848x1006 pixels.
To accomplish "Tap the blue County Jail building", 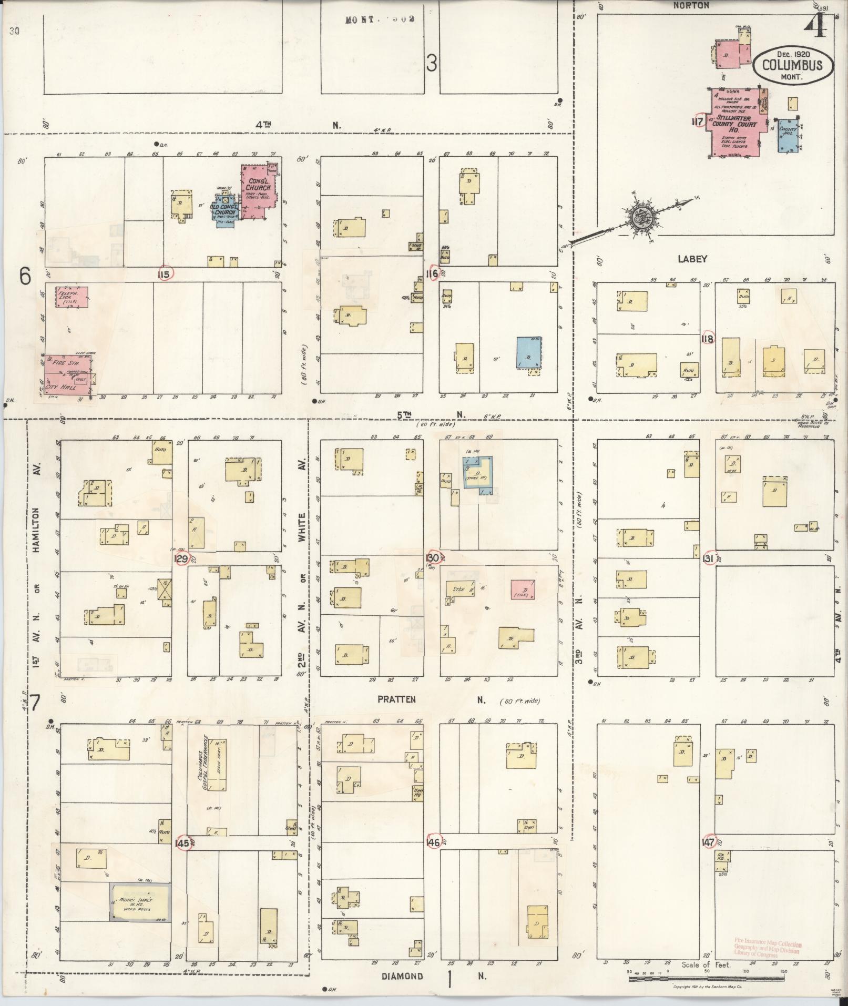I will click(x=787, y=135).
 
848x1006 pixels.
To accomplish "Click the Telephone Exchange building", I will click(x=71, y=297).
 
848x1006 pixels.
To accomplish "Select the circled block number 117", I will click(x=699, y=121).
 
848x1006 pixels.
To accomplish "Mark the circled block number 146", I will click(x=434, y=842).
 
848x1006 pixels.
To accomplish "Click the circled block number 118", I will click(x=708, y=339).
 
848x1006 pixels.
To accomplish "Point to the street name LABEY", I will click(x=692, y=259).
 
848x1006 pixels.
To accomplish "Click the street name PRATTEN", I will click(x=396, y=700).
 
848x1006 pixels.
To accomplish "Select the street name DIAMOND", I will click(x=403, y=977).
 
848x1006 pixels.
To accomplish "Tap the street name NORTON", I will click(x=692, y=5).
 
